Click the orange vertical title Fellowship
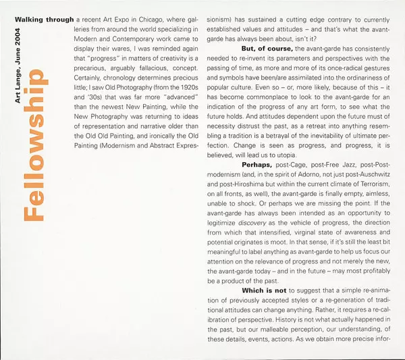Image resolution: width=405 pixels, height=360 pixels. pos(38,146)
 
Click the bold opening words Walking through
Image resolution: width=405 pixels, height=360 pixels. pos(45,19)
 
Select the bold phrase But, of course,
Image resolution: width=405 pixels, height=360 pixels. pos(267,47)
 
